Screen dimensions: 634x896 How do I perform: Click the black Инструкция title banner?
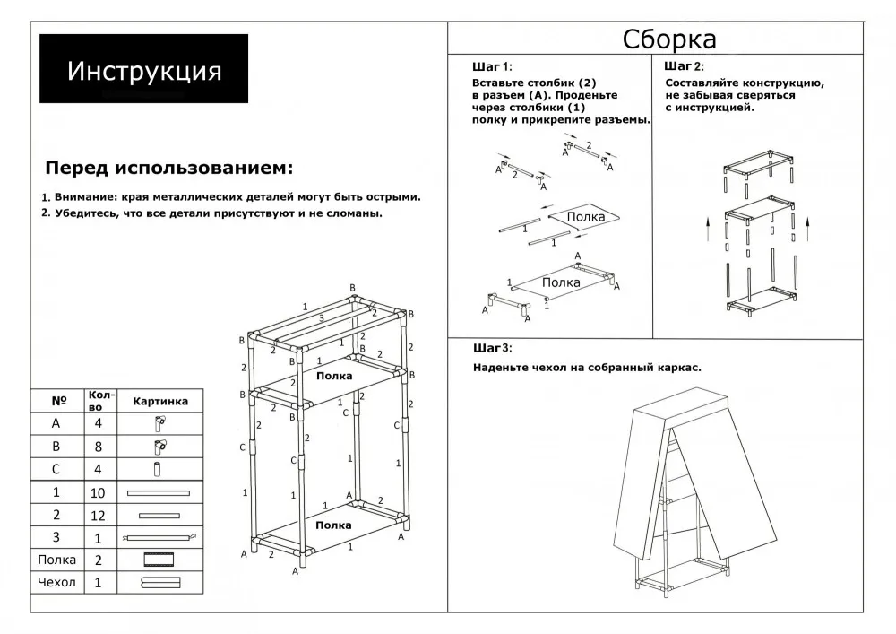[x=143, y=69]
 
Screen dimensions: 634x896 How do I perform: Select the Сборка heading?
[x=669, y=40]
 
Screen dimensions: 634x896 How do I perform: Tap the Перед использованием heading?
[x=168, y=168]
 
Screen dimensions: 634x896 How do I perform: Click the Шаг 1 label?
[x=490, y=67]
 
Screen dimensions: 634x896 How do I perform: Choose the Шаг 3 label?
[x=491, y=348]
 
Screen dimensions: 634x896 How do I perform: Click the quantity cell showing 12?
[x=99, y=516]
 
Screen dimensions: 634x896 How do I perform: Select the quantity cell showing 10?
[x=99, y=492]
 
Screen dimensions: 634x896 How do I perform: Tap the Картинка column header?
[x=160, y=401]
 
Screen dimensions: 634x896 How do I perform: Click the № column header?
[x=58, y=401]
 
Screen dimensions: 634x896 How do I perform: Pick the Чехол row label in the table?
[x=57, y=583]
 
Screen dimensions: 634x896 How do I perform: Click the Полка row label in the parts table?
[x=57, y=560]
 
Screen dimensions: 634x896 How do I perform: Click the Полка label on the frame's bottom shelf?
[x=333, y=525]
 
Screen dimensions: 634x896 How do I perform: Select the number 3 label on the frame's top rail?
[x=322, y=318]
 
